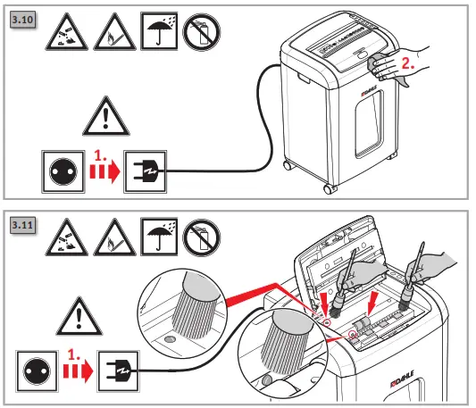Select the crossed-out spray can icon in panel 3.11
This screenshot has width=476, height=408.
(199, 241)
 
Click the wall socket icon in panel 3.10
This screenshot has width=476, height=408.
(59, 169)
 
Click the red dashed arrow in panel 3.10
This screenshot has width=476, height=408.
(104, 169)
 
